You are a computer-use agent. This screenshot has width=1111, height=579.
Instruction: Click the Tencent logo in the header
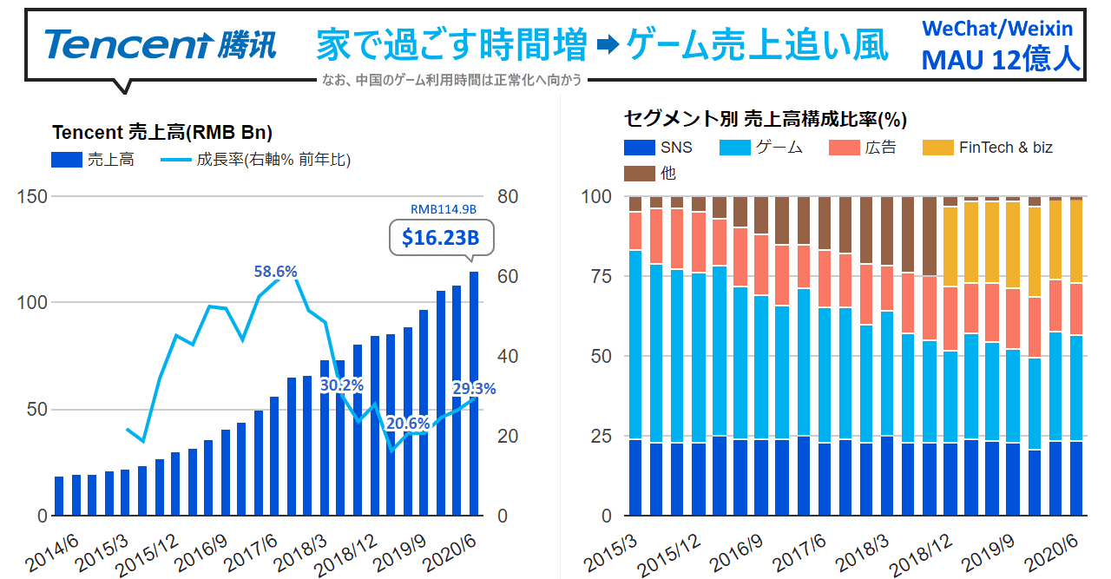pos(161,44)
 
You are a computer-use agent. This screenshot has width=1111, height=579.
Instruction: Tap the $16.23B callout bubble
pos(441,237)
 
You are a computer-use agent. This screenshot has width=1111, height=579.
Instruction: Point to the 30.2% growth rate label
pos(342,385)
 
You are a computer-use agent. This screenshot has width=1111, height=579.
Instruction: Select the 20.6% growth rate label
pos(407,423)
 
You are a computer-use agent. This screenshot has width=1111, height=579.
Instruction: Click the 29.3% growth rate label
pos(474,389)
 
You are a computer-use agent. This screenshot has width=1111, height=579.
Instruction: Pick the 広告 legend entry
pos(863,148)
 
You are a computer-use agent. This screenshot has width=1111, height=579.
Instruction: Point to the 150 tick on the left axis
pos(31,196)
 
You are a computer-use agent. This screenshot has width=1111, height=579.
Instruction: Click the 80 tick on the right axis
pos(507,196)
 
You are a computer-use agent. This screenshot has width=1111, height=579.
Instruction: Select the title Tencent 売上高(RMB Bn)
pos(162,133)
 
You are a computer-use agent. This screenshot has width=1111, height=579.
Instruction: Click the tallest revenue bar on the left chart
pos(474,394)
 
